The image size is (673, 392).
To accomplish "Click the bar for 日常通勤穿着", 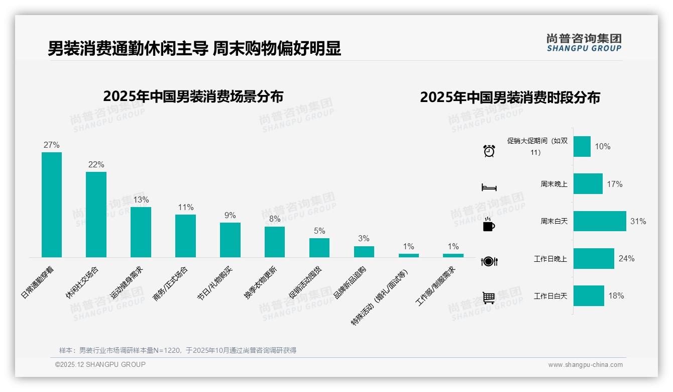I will [52, 205].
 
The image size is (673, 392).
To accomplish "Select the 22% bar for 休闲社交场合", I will [96, 215].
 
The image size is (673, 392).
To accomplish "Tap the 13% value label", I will [141, 200].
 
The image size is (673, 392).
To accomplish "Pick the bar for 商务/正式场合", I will [185, 236].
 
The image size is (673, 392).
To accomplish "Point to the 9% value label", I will [230, 215].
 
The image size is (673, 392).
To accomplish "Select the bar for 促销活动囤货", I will [319, 247].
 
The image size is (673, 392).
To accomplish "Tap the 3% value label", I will [364, 238].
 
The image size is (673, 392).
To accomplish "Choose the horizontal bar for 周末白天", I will [600, 221].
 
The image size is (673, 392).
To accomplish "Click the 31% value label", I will [638, 221].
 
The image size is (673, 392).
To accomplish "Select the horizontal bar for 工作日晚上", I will [594, 258].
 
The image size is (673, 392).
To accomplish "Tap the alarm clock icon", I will [489, 150].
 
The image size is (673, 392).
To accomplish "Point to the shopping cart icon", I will [489, 298].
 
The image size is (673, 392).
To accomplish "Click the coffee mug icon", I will [489, 225].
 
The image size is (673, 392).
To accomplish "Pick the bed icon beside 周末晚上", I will [489, 187].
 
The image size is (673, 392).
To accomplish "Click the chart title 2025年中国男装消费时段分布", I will [510, 97].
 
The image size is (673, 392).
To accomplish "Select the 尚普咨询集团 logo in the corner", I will [584, 42].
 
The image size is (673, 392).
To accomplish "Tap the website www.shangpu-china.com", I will [585, 365].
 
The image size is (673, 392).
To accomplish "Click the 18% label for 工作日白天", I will [616, 296].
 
